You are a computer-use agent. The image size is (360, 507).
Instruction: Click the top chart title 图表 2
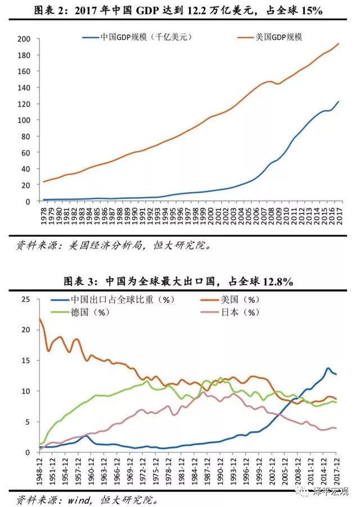coord(180,11)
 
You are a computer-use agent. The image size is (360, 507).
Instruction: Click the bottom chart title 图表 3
coord(180,281)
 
